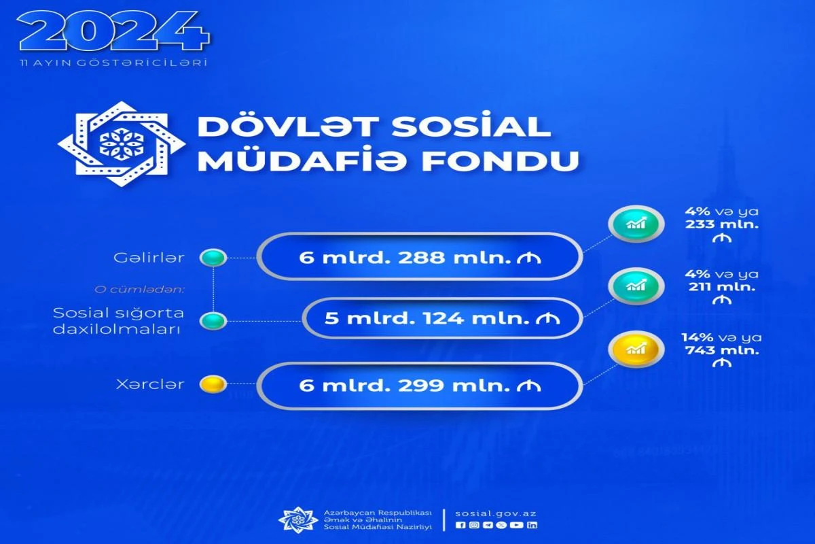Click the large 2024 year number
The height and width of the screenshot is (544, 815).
tap(113, 32)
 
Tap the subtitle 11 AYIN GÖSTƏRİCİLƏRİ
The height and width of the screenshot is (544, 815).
tap(114, 63)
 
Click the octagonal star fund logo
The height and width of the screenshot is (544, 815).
tap(122, 144)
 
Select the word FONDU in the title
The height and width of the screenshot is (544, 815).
tap(501, 160)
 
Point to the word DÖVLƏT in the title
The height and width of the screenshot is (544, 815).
tap(287, 126)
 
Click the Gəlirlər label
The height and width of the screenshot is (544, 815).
tap(149, 258)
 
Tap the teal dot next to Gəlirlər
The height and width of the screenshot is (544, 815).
tap(213, 258)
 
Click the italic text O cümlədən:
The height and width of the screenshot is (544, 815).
tap(139, 290)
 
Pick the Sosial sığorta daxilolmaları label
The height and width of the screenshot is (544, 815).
tap(119, 321)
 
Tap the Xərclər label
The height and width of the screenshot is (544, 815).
tap(150, 384)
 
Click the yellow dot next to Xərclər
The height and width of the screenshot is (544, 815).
tap(213, 384)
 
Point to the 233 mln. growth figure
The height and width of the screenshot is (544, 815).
tap(722, 224)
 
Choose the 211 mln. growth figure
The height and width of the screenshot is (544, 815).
tap(722, 287)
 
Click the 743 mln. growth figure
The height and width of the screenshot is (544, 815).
tap(722, 350)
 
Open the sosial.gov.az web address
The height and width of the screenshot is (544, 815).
tap(496, 513)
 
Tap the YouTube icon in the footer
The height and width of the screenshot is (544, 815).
tap(517, 525)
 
